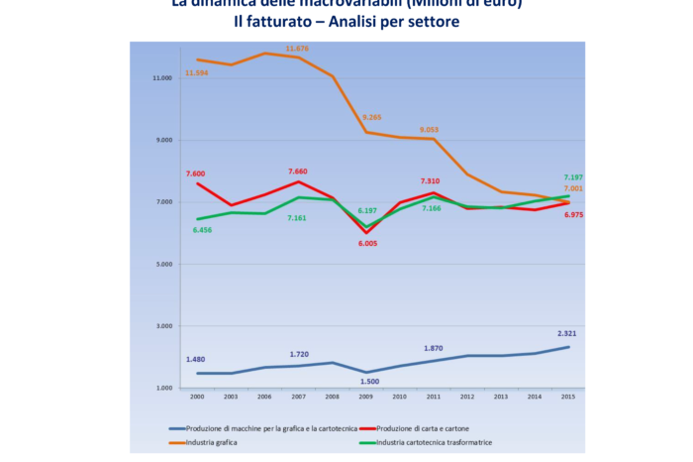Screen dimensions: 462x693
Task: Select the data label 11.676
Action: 298,48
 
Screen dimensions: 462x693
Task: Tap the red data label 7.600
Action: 197,173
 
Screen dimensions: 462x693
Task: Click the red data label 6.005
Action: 367,243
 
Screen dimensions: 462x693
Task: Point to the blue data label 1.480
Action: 196,360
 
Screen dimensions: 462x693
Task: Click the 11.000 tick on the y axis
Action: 163,78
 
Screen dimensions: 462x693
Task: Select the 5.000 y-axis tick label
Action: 165,265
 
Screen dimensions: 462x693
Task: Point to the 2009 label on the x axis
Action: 366,397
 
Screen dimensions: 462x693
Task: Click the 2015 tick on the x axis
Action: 569,397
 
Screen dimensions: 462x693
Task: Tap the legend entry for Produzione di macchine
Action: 267,427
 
